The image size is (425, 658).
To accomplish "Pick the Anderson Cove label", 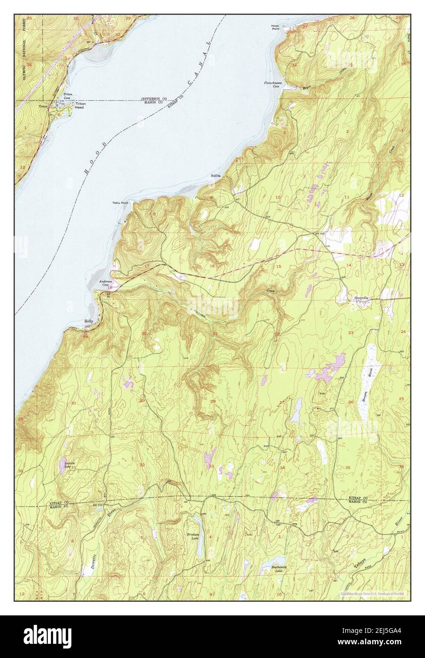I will point(104,283).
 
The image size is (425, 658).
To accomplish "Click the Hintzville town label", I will point(361,298).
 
